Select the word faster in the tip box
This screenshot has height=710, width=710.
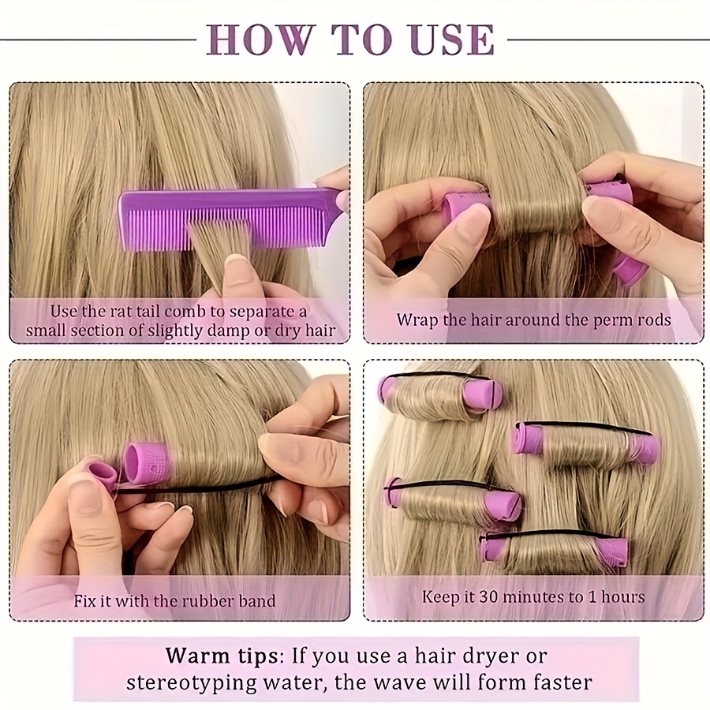(555, 682)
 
